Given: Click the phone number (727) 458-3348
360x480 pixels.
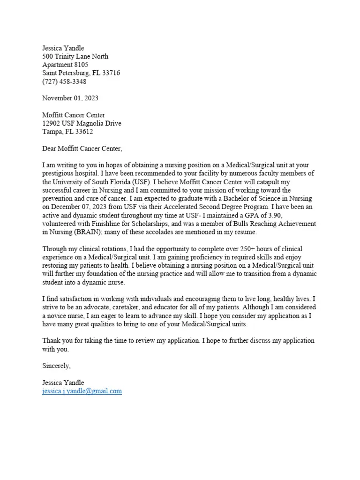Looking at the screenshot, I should pyautogui.click(x=64, y=82).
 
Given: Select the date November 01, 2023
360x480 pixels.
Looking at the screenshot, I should pyautogui.click(x=70, y=98).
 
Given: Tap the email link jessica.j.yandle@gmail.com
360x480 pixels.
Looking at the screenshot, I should pyautogui.click(x=82, y=391).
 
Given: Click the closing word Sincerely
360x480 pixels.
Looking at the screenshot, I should pyautogui.click(x=56, y=366).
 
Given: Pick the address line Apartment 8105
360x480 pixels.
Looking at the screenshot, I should pyautogui.click(x=65, y=65).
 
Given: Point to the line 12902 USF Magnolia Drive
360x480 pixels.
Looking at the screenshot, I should pyautogui.click(x=82, y=124).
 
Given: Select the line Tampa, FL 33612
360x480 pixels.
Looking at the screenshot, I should pyautogui.click(x=67, y=132).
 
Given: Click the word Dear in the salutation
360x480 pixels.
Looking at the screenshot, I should pyautogui.click(x=50, y=149).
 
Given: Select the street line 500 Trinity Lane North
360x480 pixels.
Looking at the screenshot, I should pyautogui.click(x=75, y=56).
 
